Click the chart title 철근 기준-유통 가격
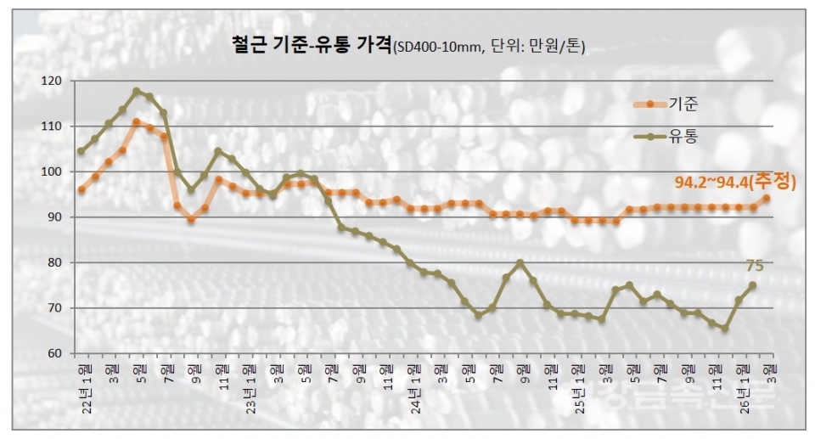[311, 45]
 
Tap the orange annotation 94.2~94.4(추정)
[735, 183]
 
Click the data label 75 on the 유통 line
[754, 266]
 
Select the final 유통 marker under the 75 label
[752, 285]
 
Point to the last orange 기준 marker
[766, 199]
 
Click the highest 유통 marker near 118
[136, 91]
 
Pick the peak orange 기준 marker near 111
[136, 122]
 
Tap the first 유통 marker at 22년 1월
[81, 151]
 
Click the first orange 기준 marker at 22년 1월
[81, 189]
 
